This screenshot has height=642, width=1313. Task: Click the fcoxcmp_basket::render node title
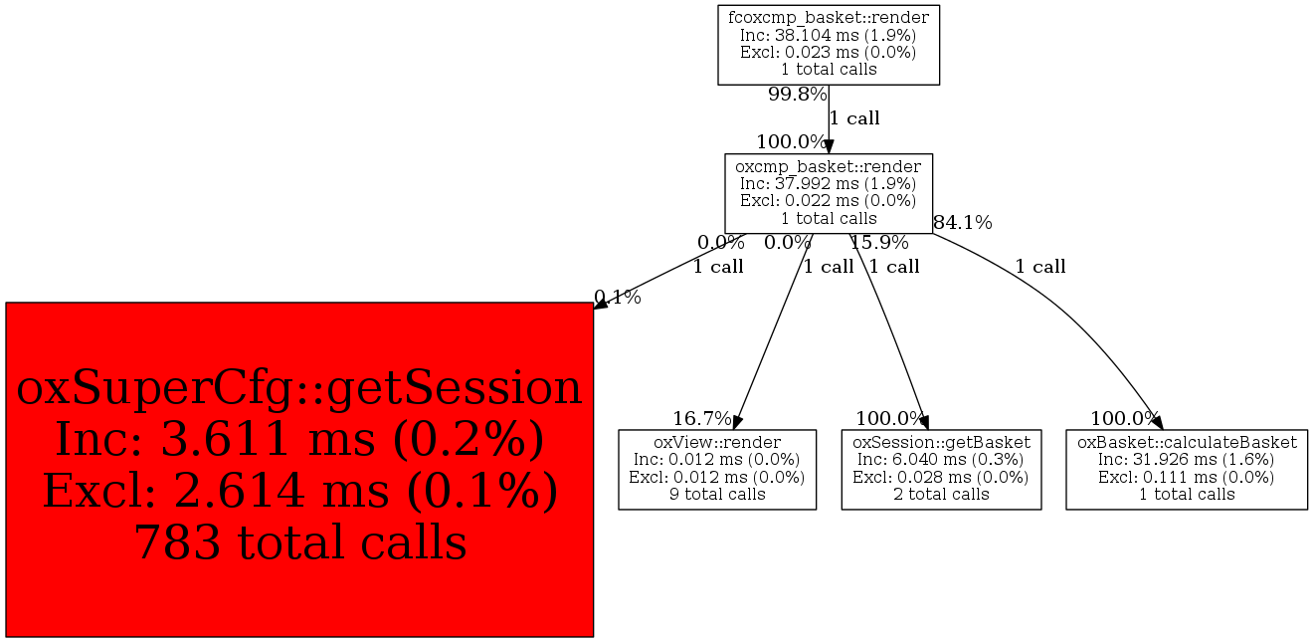[x=829, y=17]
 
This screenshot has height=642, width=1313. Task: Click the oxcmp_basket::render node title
[x=829, y=166]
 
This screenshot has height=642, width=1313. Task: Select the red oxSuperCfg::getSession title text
[x=299, y=388]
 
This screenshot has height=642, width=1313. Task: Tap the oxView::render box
[x=717, y=469]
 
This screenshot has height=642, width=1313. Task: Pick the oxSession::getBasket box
[x=941, y=469]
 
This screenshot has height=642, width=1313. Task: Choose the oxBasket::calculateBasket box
[x=1187, y=469]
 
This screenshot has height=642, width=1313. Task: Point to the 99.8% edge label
[x=797, y=95]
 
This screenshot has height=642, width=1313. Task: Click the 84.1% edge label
[x=962, y=222]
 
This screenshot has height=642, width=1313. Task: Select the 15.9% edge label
[x=878, y=242]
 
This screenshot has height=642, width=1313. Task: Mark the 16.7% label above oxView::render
[x=702, y=418]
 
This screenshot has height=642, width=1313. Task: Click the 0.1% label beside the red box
[x=617, y=297]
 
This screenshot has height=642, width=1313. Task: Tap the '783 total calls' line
[x=299, y=542]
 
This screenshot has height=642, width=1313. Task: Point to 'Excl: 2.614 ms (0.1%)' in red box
[x=299, y=492]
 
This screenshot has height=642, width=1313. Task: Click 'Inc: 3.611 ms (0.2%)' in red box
[x=299, y=440]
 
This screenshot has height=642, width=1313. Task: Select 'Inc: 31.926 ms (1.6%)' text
[x=1187, y=459]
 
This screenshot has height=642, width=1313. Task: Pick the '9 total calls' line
[x=717, y=494]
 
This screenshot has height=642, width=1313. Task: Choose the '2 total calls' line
[x=941, y=494]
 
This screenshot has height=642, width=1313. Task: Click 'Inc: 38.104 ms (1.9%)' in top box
[x=829, y=35]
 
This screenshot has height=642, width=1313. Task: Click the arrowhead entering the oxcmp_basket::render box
[x=829, y=146]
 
